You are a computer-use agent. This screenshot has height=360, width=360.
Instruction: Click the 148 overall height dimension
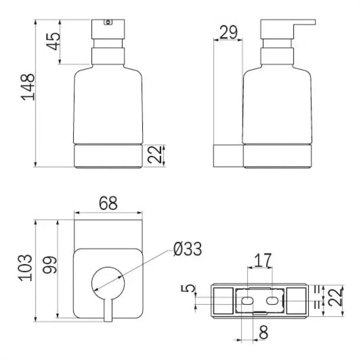coord(28,87)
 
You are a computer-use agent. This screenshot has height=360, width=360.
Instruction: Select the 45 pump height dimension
coord(53,41)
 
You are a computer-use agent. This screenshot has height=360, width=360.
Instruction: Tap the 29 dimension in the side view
coord(229,32)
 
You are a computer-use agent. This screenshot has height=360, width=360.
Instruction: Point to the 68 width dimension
coord(108,203)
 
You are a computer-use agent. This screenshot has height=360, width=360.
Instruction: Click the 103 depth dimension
coord(25,268)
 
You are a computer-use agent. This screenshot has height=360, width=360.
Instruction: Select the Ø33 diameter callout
coord(188,249)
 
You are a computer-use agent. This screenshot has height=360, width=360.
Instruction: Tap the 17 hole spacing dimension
coord(263,260)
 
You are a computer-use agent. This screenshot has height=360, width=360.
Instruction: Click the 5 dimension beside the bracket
coord(188,288)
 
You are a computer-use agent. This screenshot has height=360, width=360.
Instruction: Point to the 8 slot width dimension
coord(264,332)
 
